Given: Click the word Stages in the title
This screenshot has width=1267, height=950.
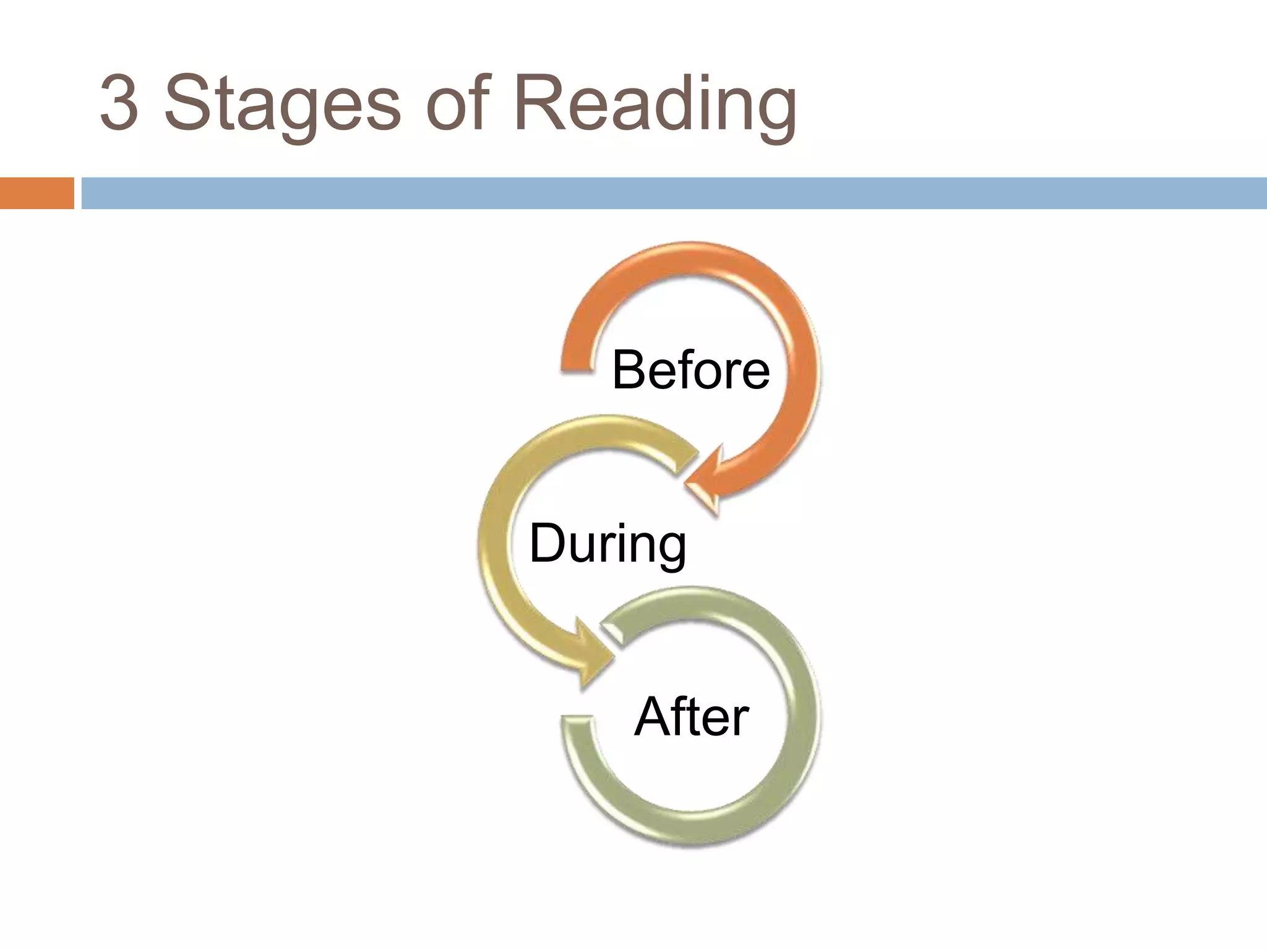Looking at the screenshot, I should pos(282,103).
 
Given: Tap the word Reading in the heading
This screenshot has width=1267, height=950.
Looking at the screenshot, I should pos(655,103).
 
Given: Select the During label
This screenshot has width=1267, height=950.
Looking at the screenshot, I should pos(608,544).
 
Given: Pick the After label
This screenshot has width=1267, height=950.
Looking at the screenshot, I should pos(691,717).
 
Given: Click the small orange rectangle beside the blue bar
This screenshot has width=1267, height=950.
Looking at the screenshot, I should pos(37,193).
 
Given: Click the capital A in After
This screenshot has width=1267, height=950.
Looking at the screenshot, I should pos(653,717).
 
